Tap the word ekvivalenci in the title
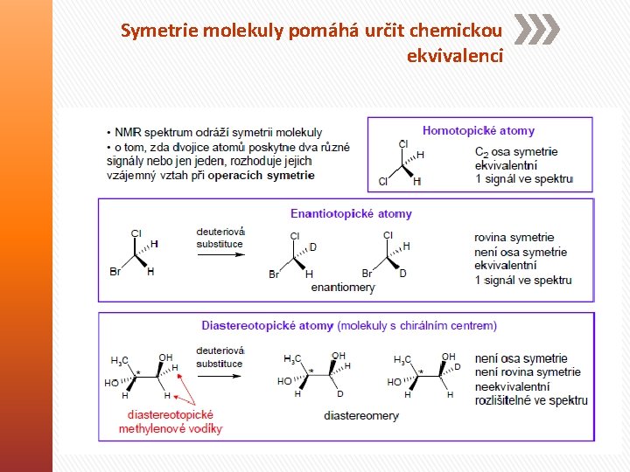click(x=454, y=56)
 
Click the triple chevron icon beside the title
click(x=535, y=30)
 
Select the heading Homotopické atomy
click(x=478, y=130)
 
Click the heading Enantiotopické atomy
click(x=351, y=213)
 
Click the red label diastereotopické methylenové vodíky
click(x=171, y=421)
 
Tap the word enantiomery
click(x=343, y=287)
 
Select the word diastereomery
click(x=360, y=416)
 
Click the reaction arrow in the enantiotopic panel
click(x=220, y=255)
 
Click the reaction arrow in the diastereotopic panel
click(x=220, y=376)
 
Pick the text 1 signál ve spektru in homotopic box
click(x=523, y=179)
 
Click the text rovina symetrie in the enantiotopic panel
click(x=514, y=237)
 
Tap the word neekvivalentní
click(x=513, y=386)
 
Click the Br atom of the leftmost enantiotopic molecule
click(x=115, y=272)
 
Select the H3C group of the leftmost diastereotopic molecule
click(x=120, y=360)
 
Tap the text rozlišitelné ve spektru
click(x=531, y=400)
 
